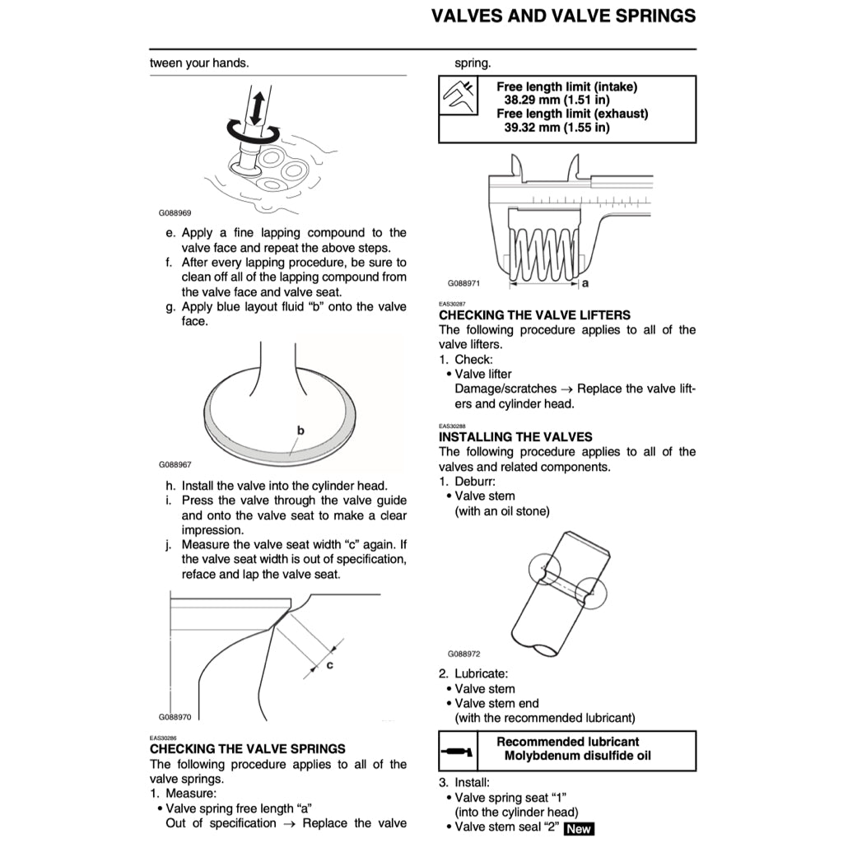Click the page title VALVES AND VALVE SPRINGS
click(x=563, y=16)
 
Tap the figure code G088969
click(x=175, y=213)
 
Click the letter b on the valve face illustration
click(x=300, y=430)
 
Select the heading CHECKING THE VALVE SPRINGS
click(x=248, y=749)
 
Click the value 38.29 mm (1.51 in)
click(x=557, y=100)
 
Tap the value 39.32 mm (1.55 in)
click(x=557, y=128)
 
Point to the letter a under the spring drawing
click(x=585, y=282)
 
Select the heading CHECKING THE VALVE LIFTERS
click(x=534, y=314)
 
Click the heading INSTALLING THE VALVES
click(x=515, y=436)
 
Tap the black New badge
click(x=578, y=828)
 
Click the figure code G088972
click(x=463, y=654)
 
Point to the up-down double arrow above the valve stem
click(x=256, y=107)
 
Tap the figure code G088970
click(x=175, y=717)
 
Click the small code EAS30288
click(x=451, y=426)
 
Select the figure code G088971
click(x=463, y=282)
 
